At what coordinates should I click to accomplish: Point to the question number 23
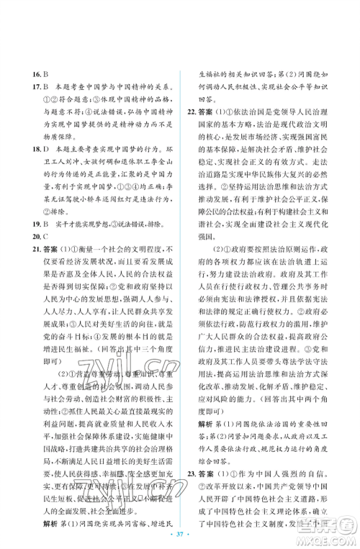tap(190, 461)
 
